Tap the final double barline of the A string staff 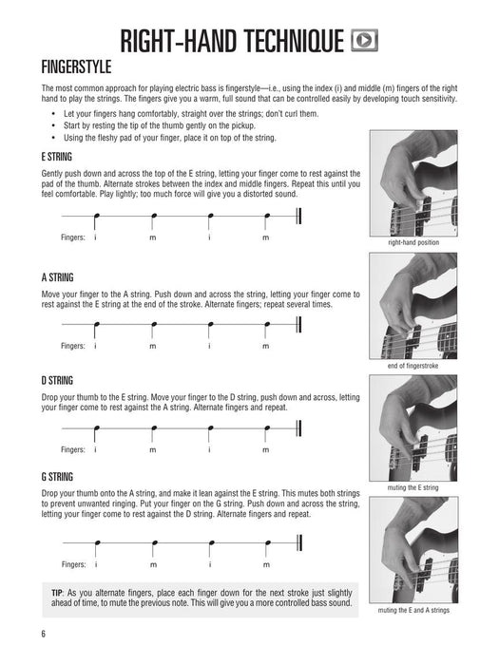click(300, 326)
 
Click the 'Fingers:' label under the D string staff click(73, 449)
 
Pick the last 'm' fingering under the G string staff click(265, 564)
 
